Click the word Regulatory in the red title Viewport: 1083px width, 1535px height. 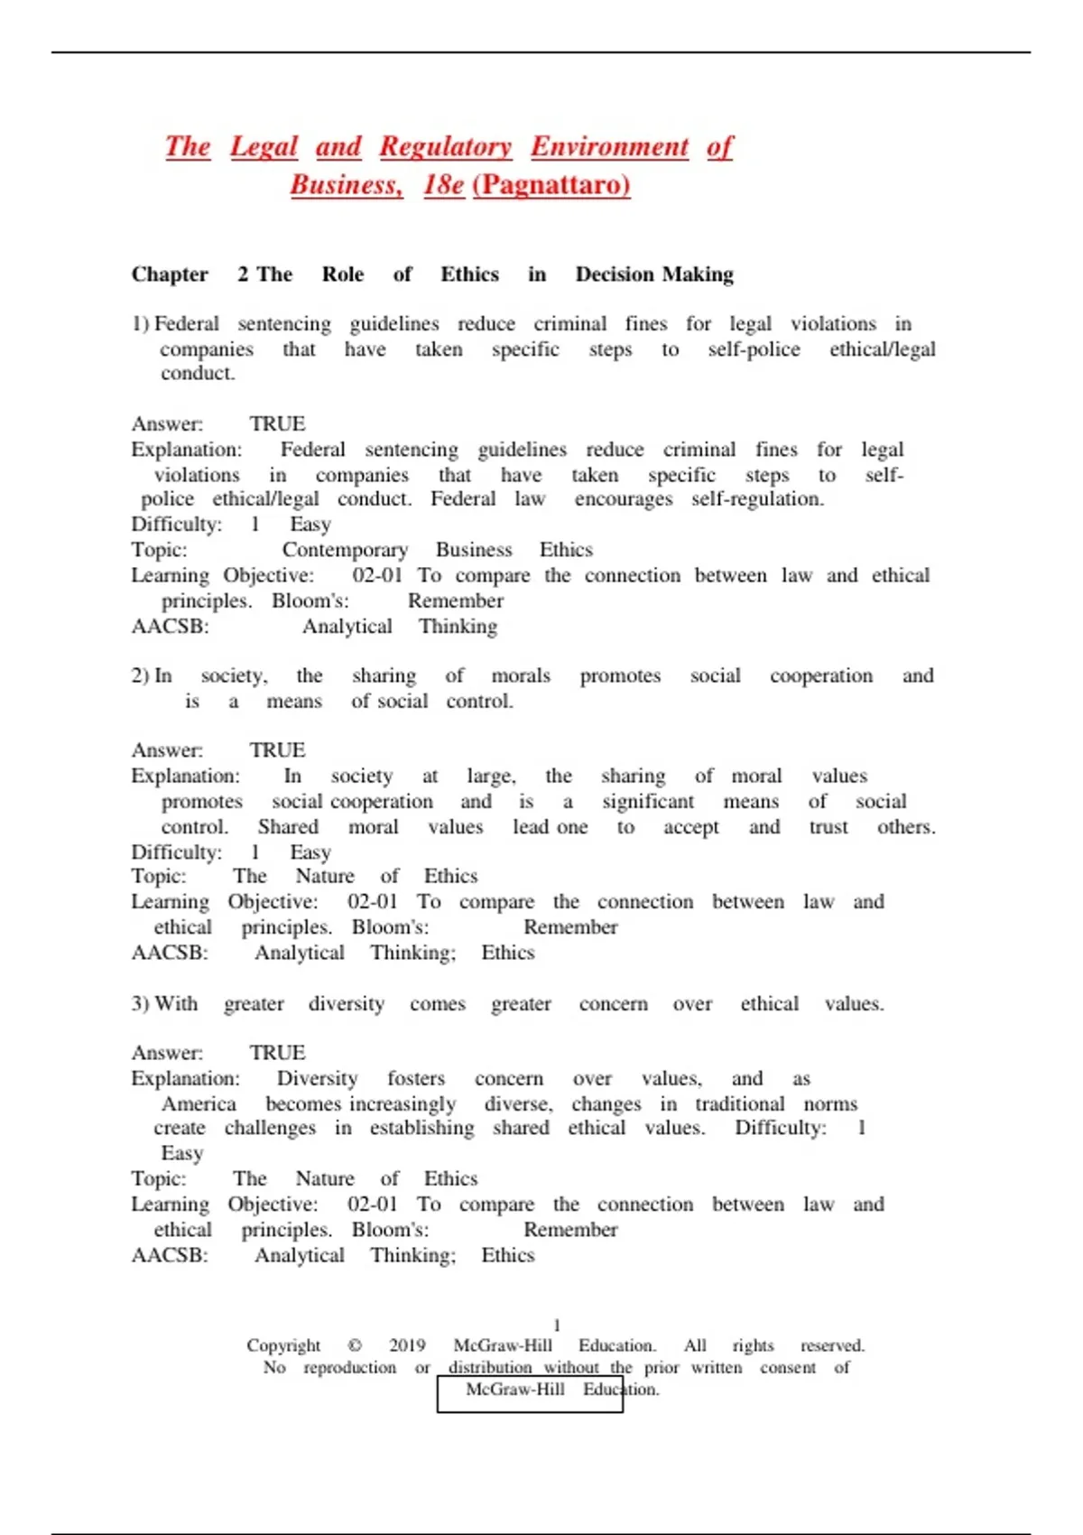(445, 146)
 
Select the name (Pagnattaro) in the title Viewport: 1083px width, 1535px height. (551, 185)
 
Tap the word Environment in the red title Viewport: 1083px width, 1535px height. (609, 146)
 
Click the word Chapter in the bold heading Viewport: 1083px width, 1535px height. (170, 274)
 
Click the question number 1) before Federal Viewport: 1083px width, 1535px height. (140, 324)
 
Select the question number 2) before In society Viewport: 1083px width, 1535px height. (140, 676)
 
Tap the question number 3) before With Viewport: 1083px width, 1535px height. (140, 1004)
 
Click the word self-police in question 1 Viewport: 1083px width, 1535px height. (754, 349)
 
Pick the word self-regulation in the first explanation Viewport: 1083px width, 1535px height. (757, 499)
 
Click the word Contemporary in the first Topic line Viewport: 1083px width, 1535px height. (345, 550)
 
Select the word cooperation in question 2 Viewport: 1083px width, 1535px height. (821, 676)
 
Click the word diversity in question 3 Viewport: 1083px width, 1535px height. (347, 1004)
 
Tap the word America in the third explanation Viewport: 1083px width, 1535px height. (199, 1104)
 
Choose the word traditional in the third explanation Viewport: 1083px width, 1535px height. (739, 1104)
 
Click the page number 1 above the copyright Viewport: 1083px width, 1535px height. (557, 1326)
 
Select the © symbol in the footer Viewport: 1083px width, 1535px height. (355, 1345)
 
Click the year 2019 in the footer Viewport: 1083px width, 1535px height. (407, 1345)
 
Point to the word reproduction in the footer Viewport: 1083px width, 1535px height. (349, 1368)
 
